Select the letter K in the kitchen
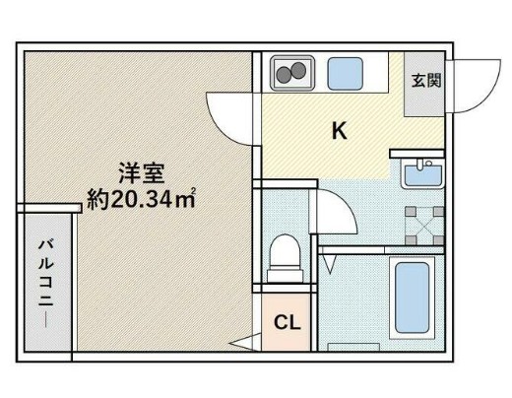pos(338,129)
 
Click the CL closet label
pos(287,323)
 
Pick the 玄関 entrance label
pos(425,79)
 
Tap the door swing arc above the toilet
pos(333,209)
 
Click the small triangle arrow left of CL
pos(239,344)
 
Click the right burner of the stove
pos(298,71)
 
